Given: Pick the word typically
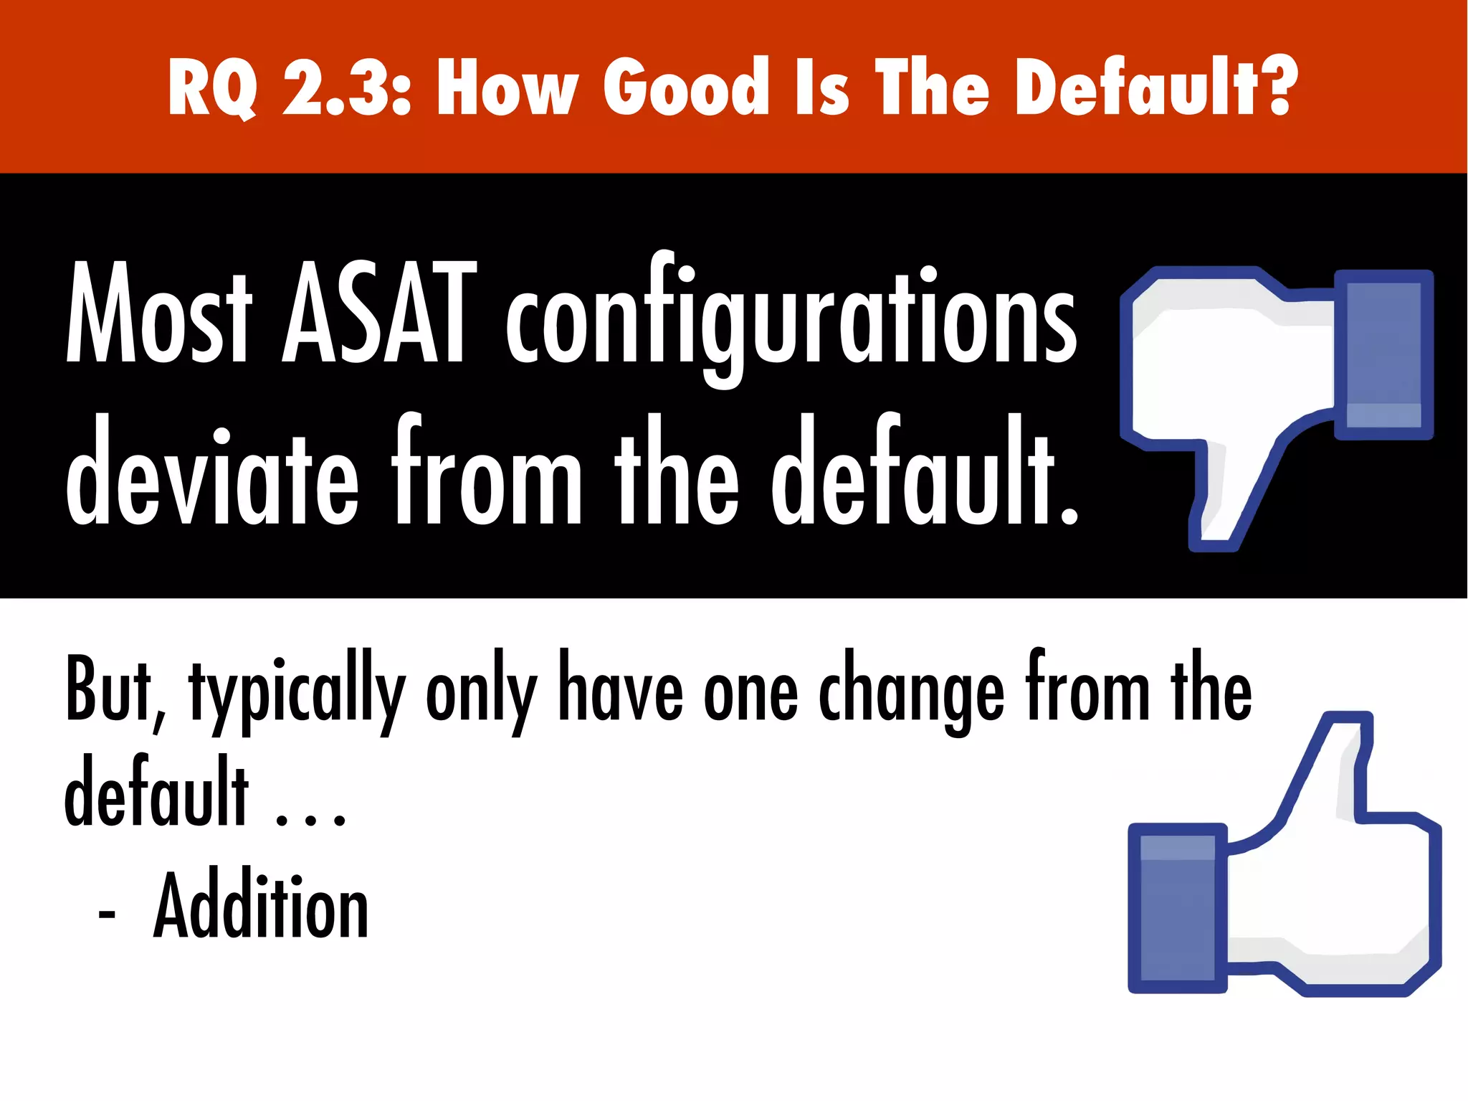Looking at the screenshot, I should [297, 692].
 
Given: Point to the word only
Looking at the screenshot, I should [481, 692].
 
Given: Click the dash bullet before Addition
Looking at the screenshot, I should [106, 915].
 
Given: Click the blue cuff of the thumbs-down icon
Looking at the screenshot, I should [1383, 354].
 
